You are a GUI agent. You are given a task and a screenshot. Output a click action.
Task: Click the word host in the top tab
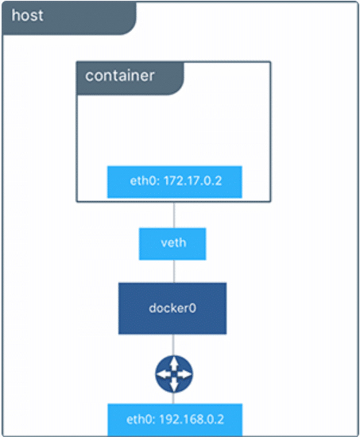pyautogui.click(x=28, y=16)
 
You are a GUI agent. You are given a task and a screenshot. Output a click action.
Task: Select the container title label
pyautogui.click(x=119, y=76)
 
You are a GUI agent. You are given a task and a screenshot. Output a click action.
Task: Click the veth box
pyautogui.click(x=172, y=243)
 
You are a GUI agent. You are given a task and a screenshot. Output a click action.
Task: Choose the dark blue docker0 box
pyautogui.click(x=172, y=307)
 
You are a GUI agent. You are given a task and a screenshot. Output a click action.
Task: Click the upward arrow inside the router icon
pyautogui.click(x=173, y=364)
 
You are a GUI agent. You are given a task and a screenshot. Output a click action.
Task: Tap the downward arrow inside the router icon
pyautogui.click(x=173, y=385)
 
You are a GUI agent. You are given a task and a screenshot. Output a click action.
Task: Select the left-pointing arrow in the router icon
pyautogui.click(x=163, y=374)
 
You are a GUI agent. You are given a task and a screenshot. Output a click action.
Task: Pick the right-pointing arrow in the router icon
pyautogui.click(x=184, y=374)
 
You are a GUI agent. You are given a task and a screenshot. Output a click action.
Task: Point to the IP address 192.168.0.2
pyautogui.click(x=188, y=418)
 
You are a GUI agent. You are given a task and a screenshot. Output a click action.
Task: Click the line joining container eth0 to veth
pyautogui.click(x=173, y=213)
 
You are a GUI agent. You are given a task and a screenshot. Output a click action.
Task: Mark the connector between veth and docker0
pyautogui.click(x=173, y=270)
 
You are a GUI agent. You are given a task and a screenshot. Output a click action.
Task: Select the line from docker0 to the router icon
pyautogui.click(x=173, y=344)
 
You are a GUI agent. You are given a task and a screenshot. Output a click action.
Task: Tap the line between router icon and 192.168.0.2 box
pyautogui.click(x=173, y=398)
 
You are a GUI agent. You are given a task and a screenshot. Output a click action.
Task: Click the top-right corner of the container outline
pyautogui.click(x=270, y=62)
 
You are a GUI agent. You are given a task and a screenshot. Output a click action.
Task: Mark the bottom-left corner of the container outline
pyautogui.click(x=77, y=202)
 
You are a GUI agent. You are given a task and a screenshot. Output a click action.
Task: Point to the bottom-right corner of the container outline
pyautogui.click(x=270, y=202)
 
